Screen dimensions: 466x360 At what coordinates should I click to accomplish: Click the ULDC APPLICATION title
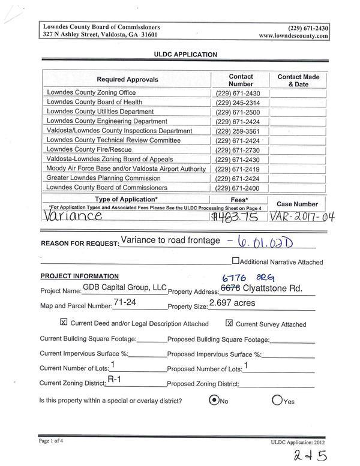[186, 54]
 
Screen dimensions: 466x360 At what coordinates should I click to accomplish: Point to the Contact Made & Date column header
[298, 81]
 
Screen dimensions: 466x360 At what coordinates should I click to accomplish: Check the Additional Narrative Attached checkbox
[235, 261]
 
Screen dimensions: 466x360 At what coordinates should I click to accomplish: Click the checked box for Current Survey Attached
[229, 323]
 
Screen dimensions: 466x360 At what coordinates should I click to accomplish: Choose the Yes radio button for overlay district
[277, 401]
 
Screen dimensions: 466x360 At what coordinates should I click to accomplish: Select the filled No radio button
[214, 401]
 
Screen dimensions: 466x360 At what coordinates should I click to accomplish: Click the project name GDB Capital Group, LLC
[124, 288]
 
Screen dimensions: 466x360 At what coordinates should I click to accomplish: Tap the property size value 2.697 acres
[232, 303]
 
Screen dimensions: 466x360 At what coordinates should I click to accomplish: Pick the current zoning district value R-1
[115, 380]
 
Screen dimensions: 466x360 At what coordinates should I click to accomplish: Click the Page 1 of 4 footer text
[55, 441]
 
